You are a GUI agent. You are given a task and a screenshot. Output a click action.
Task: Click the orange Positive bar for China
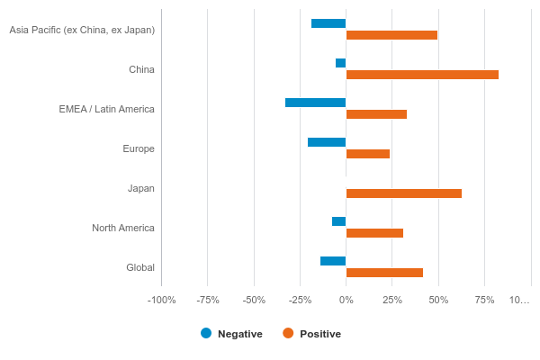click(x=422, y=75)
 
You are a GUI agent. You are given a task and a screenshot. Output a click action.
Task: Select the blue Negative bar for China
click(x=341, y=63)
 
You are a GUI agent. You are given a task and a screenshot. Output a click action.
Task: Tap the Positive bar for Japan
click(x=404, y=193)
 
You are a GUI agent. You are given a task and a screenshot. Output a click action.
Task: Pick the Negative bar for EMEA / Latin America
click(x=316, y=103)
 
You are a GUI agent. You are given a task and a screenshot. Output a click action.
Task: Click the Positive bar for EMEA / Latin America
click(x=376, y=114)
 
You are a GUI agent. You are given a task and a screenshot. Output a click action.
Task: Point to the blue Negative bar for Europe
click(x=327, y=142)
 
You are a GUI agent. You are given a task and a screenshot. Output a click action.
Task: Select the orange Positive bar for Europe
click(x=368, y=154)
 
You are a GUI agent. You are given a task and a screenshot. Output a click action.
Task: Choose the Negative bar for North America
click(x=339, y=221)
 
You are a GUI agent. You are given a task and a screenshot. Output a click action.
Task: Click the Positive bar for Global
click(x=384, y=273)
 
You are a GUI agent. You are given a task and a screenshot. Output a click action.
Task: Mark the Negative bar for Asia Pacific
click(x=328, y=23)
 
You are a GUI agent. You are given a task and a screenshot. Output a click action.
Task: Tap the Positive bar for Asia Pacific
click(x=391, y=35)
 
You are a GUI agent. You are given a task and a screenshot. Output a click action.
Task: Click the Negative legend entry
click(x=232, y=334)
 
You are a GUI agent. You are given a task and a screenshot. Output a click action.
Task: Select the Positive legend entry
click(x=312, y=334)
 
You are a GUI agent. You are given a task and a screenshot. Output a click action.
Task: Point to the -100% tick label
click(x=161, y=300)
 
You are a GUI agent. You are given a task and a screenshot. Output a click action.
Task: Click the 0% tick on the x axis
click(x=346, y=300)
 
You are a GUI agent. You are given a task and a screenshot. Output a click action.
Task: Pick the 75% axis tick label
click(x=484, y=300)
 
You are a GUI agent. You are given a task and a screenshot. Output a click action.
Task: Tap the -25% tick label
click(x=300, y=300)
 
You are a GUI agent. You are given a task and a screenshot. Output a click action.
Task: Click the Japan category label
click(x=141, y=188)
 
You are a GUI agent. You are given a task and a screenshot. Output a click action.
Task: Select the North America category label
click(x=123, y=228)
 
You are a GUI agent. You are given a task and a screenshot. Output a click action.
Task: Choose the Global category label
click(x=140, y=267)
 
